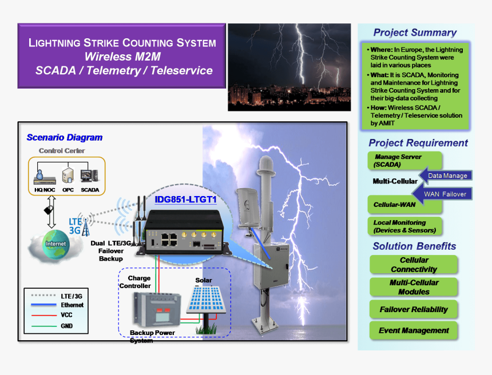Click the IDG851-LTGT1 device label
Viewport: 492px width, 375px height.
coord(185,200)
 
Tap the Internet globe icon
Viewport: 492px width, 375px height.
coord(55,244)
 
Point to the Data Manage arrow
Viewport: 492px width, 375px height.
coord(445,175)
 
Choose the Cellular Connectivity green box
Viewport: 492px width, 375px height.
coord(414,265)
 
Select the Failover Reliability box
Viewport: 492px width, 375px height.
coord(414,309)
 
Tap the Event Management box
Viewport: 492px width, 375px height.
coord(414,330)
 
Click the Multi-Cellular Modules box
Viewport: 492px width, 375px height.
coord(414,287)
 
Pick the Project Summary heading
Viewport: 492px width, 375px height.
coord(415,33)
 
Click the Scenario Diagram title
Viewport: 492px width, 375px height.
coord(65,137)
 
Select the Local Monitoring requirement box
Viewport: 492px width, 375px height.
coord(404,226)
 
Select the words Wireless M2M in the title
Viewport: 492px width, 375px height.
coord(123,57)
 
